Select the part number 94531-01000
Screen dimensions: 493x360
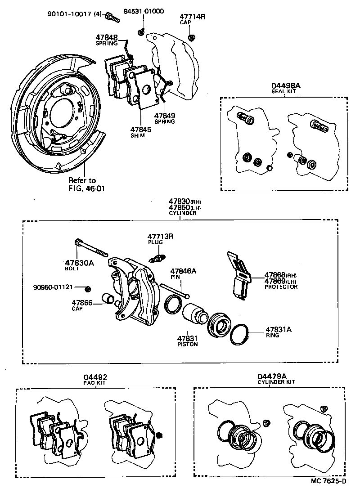tap(144, 11)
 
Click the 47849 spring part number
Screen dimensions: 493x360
tap(164, 116)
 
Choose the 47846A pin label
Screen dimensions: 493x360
tap(183, 271)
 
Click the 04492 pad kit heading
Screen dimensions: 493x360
tap(95, 377)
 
